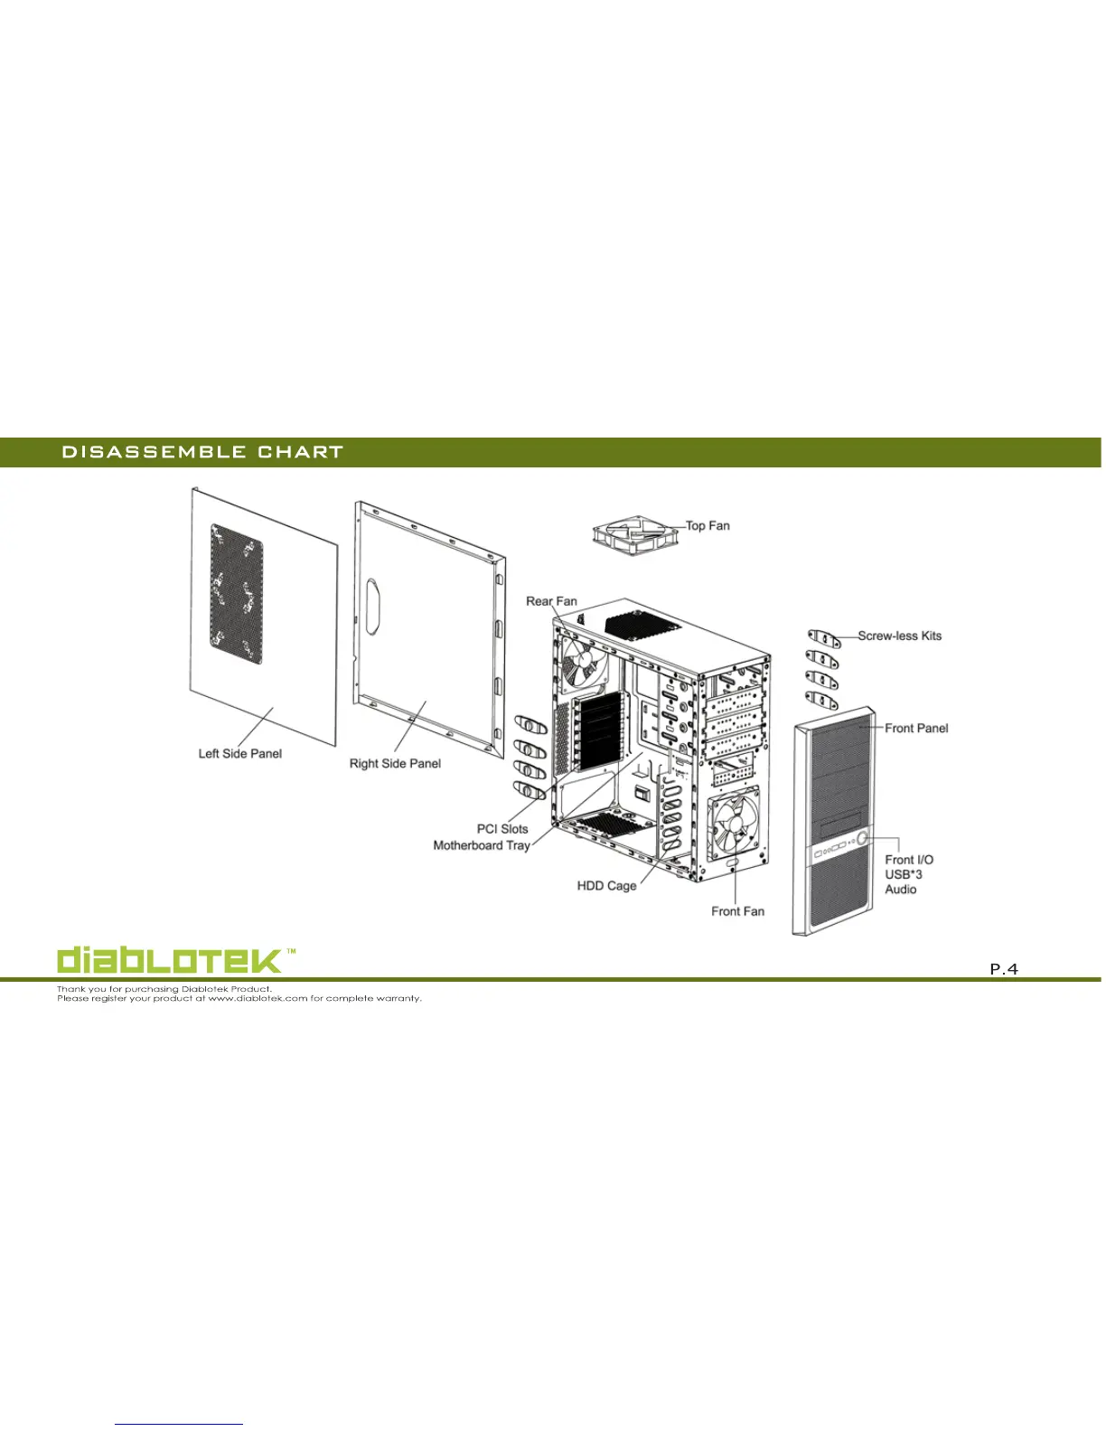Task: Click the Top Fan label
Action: pyautogui.click(x=708, y=525)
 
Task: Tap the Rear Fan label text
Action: pyautogui.click(x=551, y=601)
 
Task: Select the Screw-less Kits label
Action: pyautogui.click(x=899, y=636)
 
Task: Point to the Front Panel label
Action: pyautogui.click(x=916, y=728)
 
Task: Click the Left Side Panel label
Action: pyautogui.click(x=240, y=753)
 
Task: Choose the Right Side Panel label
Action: pyautogui.click(x=395, y=763)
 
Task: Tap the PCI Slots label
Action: pyautogui.click(x=502, y=828)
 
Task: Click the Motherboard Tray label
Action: pyautogui.click(x=481, y=845)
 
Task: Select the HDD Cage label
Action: pyautogui.click(x=606, y=885)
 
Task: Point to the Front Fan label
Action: pyautogui.click(x=737, y=911)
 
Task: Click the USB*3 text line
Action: pyautogui.click(x=904, y=874)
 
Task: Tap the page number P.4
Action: pyautogui.click(x=1003, y=969)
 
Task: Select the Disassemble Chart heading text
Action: pyautogui.click(x=202, y=452)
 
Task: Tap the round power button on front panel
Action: pyautogui.click(x=863, y=839)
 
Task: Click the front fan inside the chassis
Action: pyautogui.click(x=734, y=824)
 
